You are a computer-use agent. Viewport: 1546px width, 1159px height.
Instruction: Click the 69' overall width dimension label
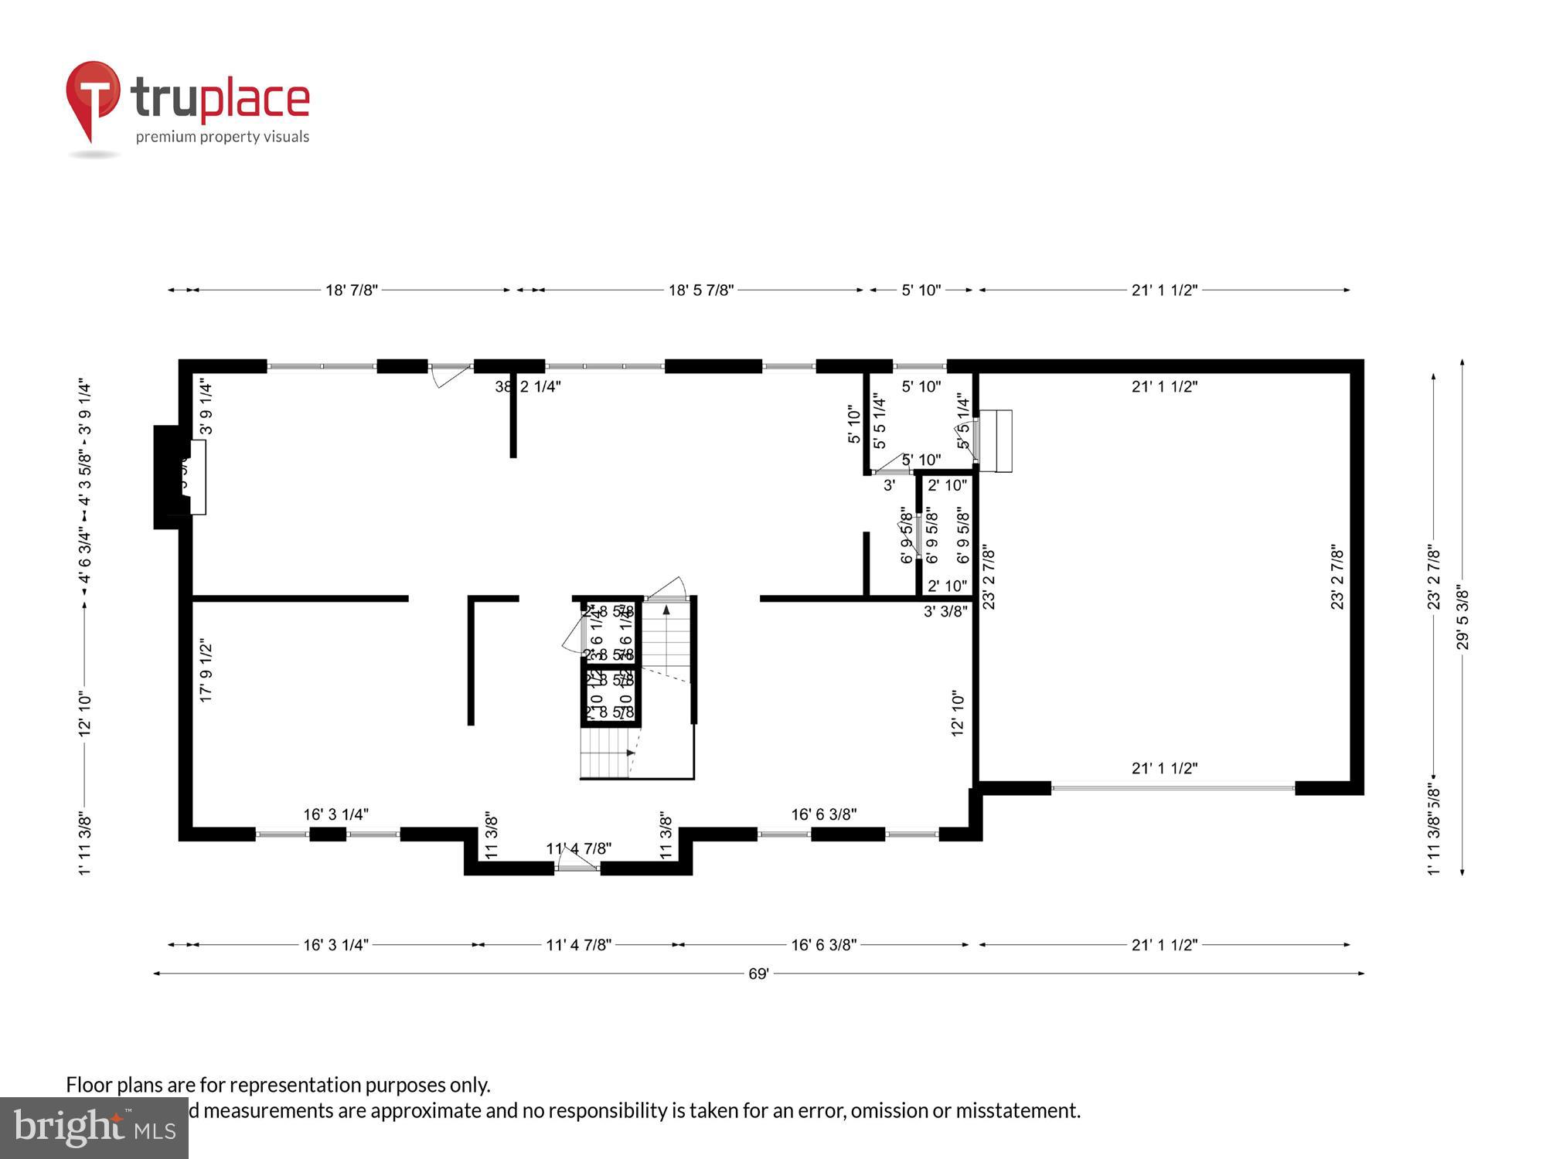tap(758, 974)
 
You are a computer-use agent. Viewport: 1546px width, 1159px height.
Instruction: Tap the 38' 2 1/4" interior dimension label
tap(528, 386)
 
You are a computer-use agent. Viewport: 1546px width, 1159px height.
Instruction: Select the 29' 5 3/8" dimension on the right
tap(1463, 618)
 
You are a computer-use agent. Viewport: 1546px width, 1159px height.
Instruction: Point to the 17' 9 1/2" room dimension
tap(206, 670)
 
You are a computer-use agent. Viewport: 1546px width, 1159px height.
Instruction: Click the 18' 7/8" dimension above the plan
tap(351, 291)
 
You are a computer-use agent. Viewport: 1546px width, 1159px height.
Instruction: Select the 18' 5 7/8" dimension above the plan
tap(700, 291)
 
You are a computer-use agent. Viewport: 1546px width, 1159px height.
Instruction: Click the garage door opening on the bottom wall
tap(1173, 788)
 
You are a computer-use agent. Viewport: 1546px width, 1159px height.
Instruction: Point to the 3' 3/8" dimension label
tap(945, 611)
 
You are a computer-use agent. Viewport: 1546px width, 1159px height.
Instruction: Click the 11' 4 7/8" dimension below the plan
tap(578, 944)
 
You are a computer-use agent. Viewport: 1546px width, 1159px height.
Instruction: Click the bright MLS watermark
tap(94, 1128)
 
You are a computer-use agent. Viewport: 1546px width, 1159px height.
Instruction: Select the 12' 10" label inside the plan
tap(959, 713)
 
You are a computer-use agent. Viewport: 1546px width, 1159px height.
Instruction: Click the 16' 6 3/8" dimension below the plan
tap(823, 944)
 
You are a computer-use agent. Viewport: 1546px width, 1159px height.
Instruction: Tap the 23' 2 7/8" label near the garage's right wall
tap(1337, 578)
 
